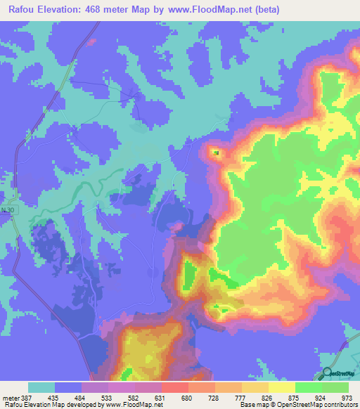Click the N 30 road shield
coord(7,211)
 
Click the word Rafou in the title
coord(24,10)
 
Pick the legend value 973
coord(345,397)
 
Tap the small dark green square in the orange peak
coord(216,152)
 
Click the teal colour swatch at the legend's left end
coord(41,387)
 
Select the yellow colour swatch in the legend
coord(281,387)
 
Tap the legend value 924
coord(319,397)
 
